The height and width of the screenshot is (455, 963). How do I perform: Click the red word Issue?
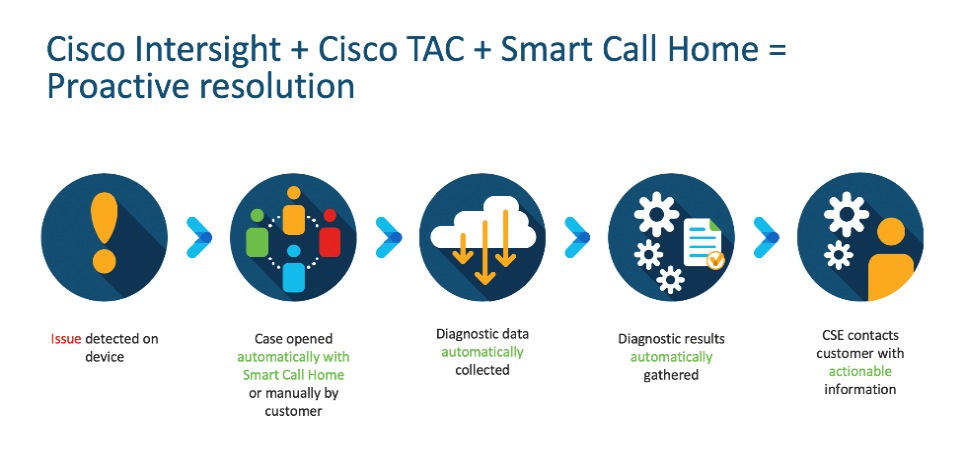tap(65, 338)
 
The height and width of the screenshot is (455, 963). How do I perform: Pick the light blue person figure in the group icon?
tap(294, 268)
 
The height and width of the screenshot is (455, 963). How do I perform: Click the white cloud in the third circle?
tap(484, 225)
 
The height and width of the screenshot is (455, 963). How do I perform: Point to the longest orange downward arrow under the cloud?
tap(485, 252)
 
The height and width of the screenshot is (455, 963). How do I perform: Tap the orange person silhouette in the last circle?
tap(890, 259)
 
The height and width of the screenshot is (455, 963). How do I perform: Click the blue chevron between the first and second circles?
tap(199, 237)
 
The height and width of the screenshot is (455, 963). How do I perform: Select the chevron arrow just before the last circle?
tap(766, 237)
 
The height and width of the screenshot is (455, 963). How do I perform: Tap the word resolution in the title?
tap(276, 87)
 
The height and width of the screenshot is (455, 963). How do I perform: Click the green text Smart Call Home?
tap(294, 375)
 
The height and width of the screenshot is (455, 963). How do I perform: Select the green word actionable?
tap(860, 371)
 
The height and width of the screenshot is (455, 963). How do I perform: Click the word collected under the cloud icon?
tap(482, 370)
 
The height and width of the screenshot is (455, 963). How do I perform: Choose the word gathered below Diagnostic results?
tap(671, 375)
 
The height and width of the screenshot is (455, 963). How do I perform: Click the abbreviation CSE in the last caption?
tap(835, 335)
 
